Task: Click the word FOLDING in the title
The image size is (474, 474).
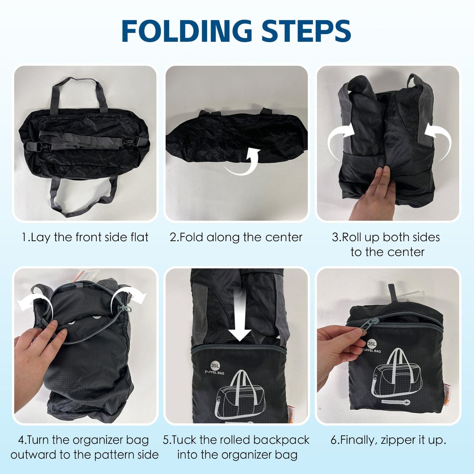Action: coord(186,31)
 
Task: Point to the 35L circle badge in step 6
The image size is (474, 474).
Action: coord(371,344)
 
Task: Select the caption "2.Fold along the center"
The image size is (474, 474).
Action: coord(236,237)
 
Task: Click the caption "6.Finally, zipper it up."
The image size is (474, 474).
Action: coord(388,440)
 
